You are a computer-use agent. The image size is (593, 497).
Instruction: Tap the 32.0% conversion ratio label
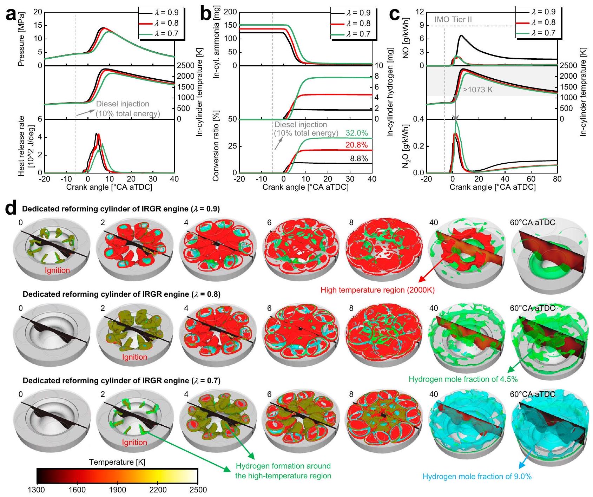click(357, 133)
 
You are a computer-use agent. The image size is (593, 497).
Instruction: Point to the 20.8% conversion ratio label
click(357, 145)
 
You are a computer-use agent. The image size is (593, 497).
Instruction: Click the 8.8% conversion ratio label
click(359, 159)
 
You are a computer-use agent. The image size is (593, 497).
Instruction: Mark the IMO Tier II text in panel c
click(453, 20)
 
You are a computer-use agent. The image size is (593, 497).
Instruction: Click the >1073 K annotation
click(478, 90)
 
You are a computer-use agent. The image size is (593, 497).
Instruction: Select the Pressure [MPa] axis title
click(22, 39)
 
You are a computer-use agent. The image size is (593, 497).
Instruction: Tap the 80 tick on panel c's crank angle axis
click(557, 179)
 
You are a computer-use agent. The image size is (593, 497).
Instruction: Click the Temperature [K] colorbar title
click(117, 462)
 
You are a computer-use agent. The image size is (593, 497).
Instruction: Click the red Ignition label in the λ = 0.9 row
click(57, 270)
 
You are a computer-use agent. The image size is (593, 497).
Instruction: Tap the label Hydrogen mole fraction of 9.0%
click(477, 477)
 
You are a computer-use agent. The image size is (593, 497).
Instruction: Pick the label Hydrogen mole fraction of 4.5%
click(463, 379)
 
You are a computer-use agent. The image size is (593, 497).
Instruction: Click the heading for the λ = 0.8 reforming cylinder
click(121, 294)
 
